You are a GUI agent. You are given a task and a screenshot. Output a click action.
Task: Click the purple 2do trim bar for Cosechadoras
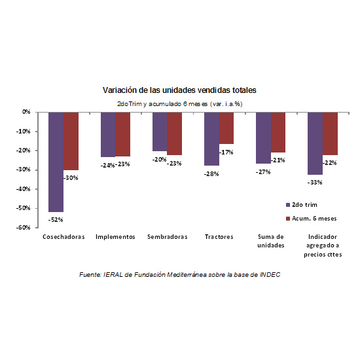(x=56, y=162)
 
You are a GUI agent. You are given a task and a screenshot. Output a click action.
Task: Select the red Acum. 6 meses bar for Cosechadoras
(x=71, y=141)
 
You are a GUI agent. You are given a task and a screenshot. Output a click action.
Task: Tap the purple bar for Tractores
(x=211, y=139)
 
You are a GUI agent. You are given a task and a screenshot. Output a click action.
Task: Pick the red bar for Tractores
(x=226, y=128)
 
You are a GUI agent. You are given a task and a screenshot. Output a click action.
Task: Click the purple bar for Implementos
(x=108, y=135)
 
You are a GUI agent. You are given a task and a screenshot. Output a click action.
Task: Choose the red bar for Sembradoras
(x=175, y=134)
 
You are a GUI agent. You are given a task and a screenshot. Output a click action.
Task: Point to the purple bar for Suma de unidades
(x=264, y=138)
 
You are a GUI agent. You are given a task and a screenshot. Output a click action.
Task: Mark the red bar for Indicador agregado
(x=330, y=134)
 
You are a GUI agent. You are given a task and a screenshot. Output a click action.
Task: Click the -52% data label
(x=56, y=220)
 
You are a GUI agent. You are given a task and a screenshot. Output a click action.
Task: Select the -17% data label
(x=226, y=153)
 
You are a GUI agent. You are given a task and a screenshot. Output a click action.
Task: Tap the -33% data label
(x=315, y=183)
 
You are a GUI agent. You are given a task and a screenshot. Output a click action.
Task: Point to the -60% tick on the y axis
(x=23, y=228)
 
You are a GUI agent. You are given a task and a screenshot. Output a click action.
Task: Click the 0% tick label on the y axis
(x=26, y=112)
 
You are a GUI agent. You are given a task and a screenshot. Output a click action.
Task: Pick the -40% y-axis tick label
(x=23, y=189)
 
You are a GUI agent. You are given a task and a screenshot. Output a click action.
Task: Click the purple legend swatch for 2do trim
(x=288, y=205)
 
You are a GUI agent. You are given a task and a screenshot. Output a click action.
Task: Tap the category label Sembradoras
(x=168, y=237)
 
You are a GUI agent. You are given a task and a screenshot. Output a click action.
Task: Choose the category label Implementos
(x=115, y=237)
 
